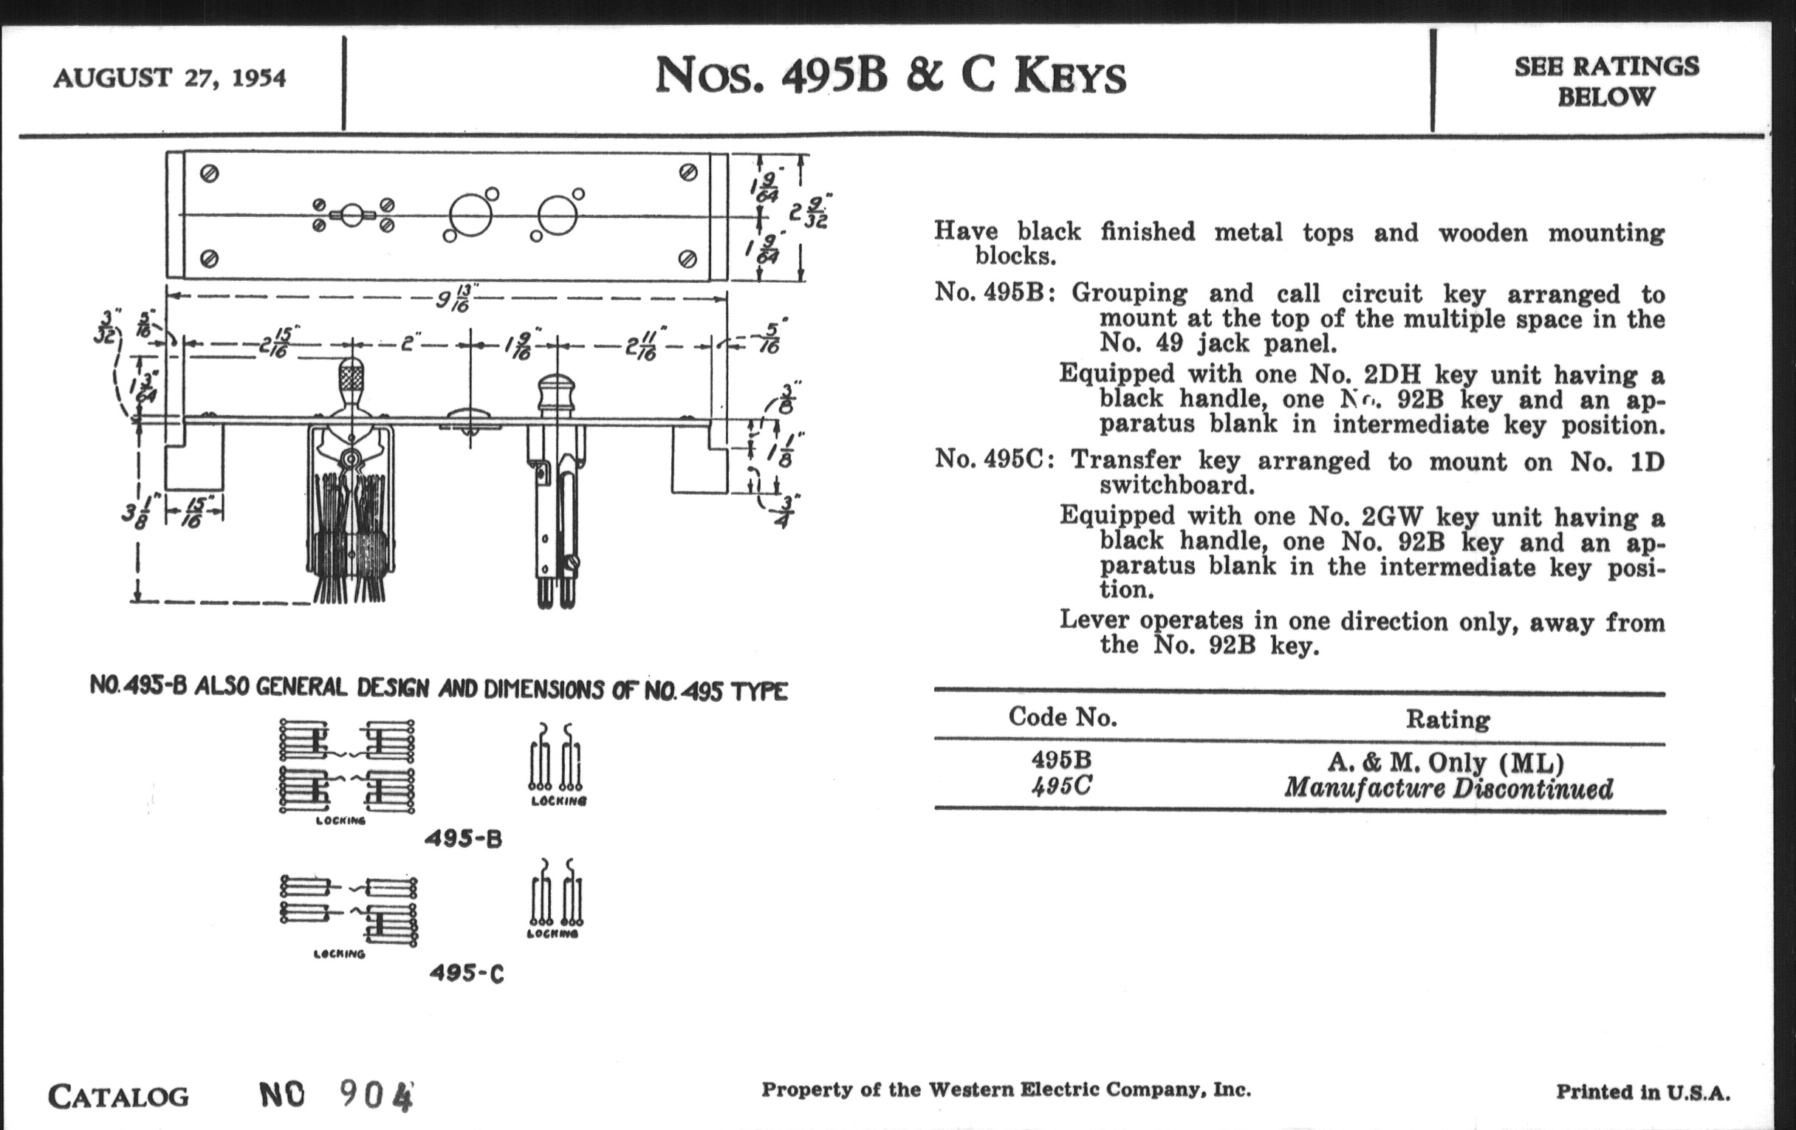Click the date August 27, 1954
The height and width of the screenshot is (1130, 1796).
click(x=169, y=78)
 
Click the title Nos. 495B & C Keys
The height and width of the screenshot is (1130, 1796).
click(x=891, y=77)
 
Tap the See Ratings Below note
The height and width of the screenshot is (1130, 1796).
click(x=1605, y=81)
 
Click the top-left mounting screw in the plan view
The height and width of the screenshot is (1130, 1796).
click(x=210, y=174)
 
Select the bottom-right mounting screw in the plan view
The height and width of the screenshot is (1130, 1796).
click(x=688, y=258)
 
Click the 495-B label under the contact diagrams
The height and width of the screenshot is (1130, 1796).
click(x=463, y=839)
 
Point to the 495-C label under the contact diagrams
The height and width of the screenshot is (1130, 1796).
click(x=466, y=973)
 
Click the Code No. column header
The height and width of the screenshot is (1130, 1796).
click(x=1062, y=717)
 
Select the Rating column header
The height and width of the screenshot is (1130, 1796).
click(x=1447, y=719)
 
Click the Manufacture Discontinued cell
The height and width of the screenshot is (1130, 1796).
click(x=1447, y=788)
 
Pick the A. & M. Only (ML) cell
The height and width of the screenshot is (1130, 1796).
click(x=1446, y=762)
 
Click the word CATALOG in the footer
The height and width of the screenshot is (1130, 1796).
click(x=118, y=1097)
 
